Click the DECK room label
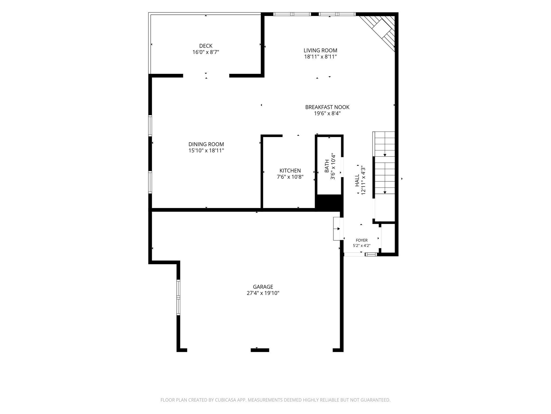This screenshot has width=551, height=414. tap(206, 46)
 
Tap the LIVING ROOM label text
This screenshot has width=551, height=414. tap(320, 50)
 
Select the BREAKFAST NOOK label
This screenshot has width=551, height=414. tap(327, 107)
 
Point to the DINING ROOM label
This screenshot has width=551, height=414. tap(206, 144)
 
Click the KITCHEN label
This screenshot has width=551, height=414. tap(290, 171)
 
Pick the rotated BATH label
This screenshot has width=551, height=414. tap(327, 166)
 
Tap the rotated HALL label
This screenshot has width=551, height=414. tap(357, 180)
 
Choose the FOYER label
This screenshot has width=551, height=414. tap(362, 240)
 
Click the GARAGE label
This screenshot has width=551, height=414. tap(263, 287)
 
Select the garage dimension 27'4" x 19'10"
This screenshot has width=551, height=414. tap(263, 293)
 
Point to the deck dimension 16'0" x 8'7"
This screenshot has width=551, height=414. tap(206, 52)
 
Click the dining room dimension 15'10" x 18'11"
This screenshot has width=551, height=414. tap(206, 151)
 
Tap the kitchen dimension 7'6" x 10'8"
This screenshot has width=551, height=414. tap(290, 177)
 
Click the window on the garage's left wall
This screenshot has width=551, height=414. tap(178, 298)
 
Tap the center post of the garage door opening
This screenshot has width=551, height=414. tap(260, 350)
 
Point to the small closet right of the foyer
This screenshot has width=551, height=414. tap(388, 238)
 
